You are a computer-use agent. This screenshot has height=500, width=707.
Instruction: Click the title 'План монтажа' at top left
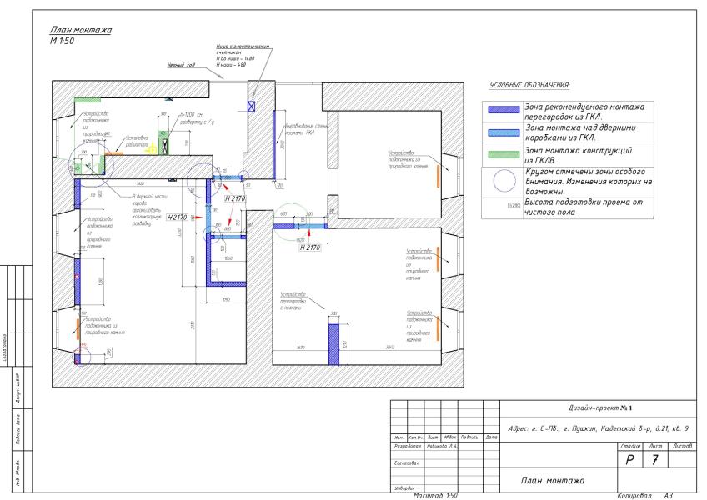pos(81,31)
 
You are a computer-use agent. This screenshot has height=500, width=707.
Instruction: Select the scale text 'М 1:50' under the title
pos(63,40)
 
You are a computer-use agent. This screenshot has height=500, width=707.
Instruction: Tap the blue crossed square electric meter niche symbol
pos(253,105)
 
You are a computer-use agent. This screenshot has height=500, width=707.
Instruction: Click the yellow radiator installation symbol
pos(164,144)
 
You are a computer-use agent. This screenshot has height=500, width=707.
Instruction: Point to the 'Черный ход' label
pos(181,76)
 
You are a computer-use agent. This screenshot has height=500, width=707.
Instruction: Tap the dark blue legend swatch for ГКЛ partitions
pos(504,109)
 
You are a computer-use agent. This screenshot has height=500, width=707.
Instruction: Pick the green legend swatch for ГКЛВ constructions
pos(504,152)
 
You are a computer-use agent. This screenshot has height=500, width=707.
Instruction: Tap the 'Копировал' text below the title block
pos(637,495)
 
